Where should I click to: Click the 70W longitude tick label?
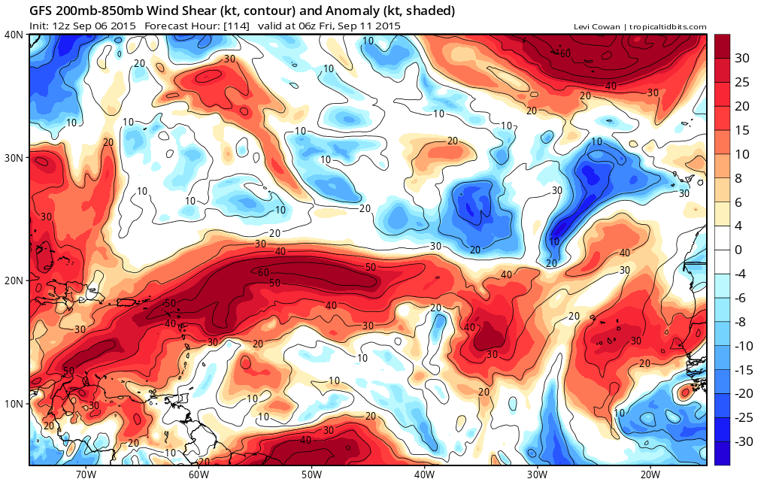tap(86, 474)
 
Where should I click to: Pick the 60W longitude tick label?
tap(199, 474)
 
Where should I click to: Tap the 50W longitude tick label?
tap(311, 474)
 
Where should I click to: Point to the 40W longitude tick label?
tap(424, 474)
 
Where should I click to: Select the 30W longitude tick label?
tap(537, 474)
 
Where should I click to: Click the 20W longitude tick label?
tap(650, 474)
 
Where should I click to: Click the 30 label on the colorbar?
tap(742, 58)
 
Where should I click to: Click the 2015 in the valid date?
tap(387, 26)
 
